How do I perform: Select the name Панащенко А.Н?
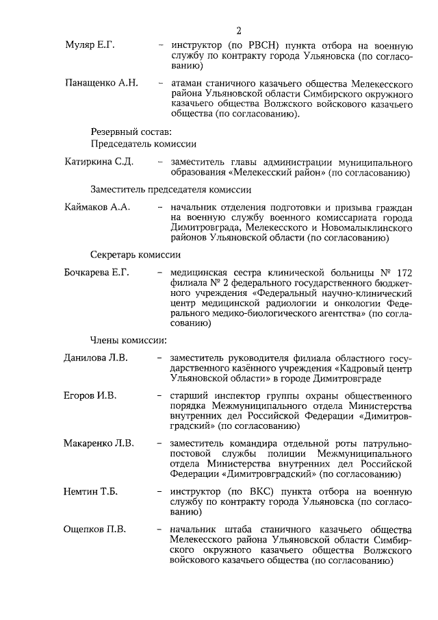coord(101,83)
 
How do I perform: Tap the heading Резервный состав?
coord(131,131)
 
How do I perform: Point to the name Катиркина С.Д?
coord(98,162)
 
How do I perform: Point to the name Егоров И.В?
coord(90,395)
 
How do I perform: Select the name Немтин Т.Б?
coord(92,491)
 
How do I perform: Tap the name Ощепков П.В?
coord(94,529)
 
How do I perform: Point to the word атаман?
coord(193,83)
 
